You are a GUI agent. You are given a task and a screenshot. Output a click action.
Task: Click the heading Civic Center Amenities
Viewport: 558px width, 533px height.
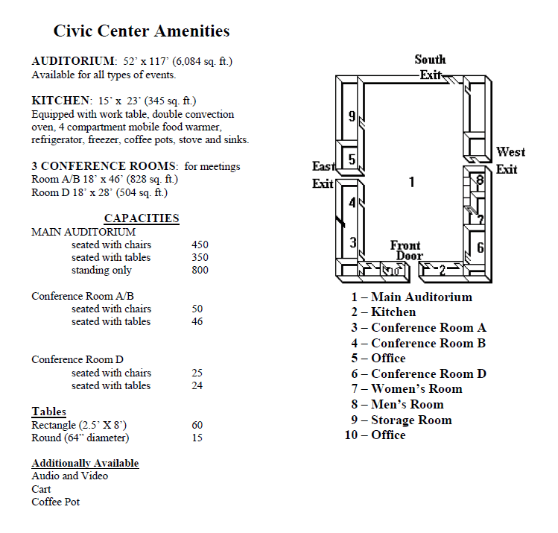(142, 31)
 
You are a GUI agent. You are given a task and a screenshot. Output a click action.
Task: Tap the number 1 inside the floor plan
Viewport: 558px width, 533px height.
(412, 181)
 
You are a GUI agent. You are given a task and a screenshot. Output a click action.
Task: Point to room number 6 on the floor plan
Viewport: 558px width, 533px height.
(481, 247)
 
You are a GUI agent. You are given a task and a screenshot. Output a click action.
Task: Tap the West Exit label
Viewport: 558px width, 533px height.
(510, 160)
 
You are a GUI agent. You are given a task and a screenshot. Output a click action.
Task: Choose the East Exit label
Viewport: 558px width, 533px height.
(323, 175)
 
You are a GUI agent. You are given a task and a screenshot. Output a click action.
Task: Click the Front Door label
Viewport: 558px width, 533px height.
(406, 250)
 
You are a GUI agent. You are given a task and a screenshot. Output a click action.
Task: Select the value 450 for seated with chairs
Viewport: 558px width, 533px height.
(200, 245)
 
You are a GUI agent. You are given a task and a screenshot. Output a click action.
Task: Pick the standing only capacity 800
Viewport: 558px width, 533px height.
(200, 270)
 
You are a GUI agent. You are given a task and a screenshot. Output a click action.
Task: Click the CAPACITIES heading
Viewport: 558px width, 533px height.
(142, 218)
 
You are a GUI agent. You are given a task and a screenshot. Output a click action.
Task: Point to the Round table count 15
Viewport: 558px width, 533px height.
(197, 438)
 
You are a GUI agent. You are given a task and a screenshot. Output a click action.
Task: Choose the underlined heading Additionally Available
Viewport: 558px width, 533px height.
(85, 463)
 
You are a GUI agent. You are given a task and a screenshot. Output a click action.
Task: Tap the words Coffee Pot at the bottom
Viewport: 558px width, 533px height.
(55, 502)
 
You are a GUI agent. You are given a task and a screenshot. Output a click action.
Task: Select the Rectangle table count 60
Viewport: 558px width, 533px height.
(197, 425)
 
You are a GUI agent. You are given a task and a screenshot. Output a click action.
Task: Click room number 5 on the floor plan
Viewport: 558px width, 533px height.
(352, 159)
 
